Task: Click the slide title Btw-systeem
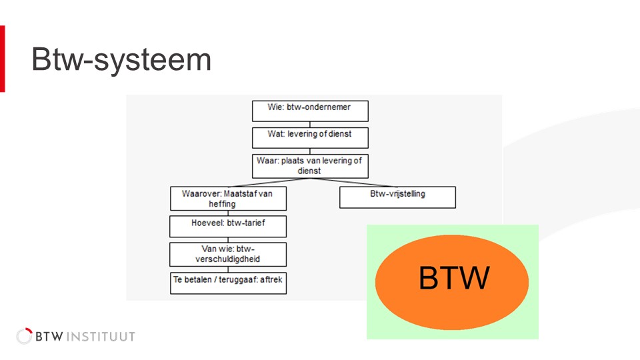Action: [x=121, y=59]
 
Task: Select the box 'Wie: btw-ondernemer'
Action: [x=310, y=111]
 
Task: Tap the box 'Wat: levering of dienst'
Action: [x=310, y=138]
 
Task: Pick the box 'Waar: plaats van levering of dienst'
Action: [x=310, y=166]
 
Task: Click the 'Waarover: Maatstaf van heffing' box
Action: [x=228, y=199]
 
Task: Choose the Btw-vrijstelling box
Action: [x=397, y=197]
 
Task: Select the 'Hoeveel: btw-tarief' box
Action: [x=228, y=227]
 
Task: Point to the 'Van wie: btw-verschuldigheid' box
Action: [x=228, y=254]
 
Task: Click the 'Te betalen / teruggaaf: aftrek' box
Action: [x=228, y=283]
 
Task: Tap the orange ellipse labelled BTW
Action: [x=452, y=282]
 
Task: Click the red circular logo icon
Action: [x=24, y=336]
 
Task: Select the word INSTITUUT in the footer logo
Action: [x=101, y=337]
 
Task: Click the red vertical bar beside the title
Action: [x=3, y=59]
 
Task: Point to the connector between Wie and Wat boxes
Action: [x=310, y=125]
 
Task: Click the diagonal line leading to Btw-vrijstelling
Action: [x=353, y=183]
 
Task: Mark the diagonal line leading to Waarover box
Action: [x=269, y=183]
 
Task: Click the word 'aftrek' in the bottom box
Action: [x=271, y=279]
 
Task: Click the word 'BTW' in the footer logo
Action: [x=49, y=337]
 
